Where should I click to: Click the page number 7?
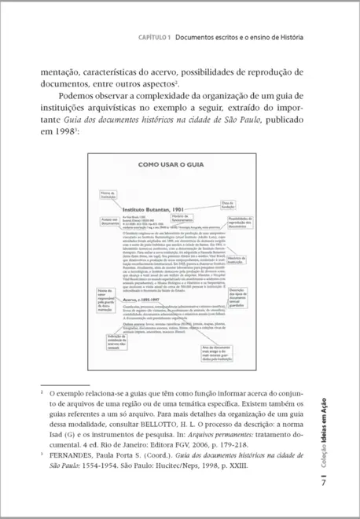(x=322, y=482)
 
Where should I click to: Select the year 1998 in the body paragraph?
(x=60, y=131)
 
